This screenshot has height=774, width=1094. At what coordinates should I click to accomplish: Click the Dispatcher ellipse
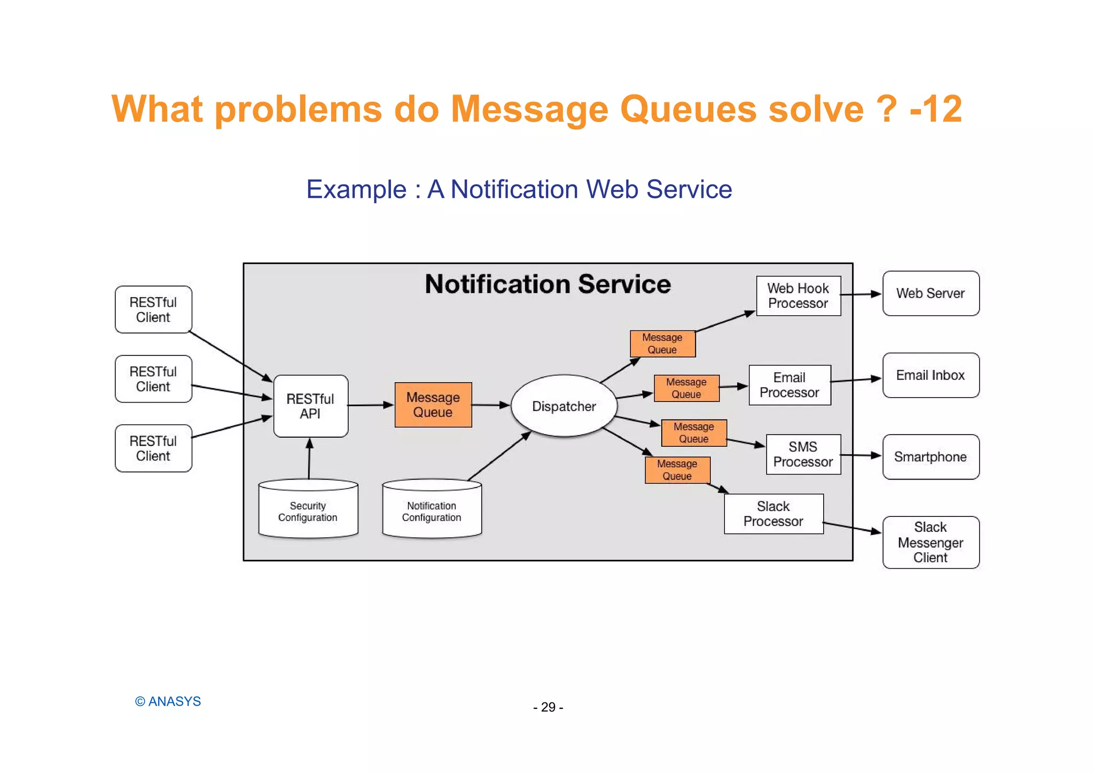point(564,406)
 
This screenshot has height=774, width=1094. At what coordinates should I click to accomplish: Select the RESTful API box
point(310,406)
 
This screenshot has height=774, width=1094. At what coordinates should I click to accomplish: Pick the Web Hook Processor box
point(798,296)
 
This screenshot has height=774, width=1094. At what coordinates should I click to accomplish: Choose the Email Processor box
point(790,385)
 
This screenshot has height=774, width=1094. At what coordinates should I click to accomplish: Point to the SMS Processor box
point(803,454)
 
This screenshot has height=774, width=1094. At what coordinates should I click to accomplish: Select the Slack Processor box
point(773,514)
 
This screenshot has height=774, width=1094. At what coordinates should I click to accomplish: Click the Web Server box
point(931,293)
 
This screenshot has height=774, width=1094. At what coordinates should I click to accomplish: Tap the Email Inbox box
point(931,375)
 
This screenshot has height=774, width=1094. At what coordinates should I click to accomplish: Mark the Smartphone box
point(931,457)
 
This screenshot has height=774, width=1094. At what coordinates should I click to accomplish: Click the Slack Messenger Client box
point(931,542)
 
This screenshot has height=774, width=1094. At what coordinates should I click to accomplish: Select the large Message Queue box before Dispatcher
point(433,405)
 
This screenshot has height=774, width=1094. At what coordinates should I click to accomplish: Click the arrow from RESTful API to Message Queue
point(371,405)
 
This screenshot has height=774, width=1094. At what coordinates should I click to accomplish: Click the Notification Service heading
point(548,284)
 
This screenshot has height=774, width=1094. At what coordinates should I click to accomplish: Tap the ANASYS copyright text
point(168,701)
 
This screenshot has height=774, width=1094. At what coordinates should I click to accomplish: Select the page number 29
point(548,707)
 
